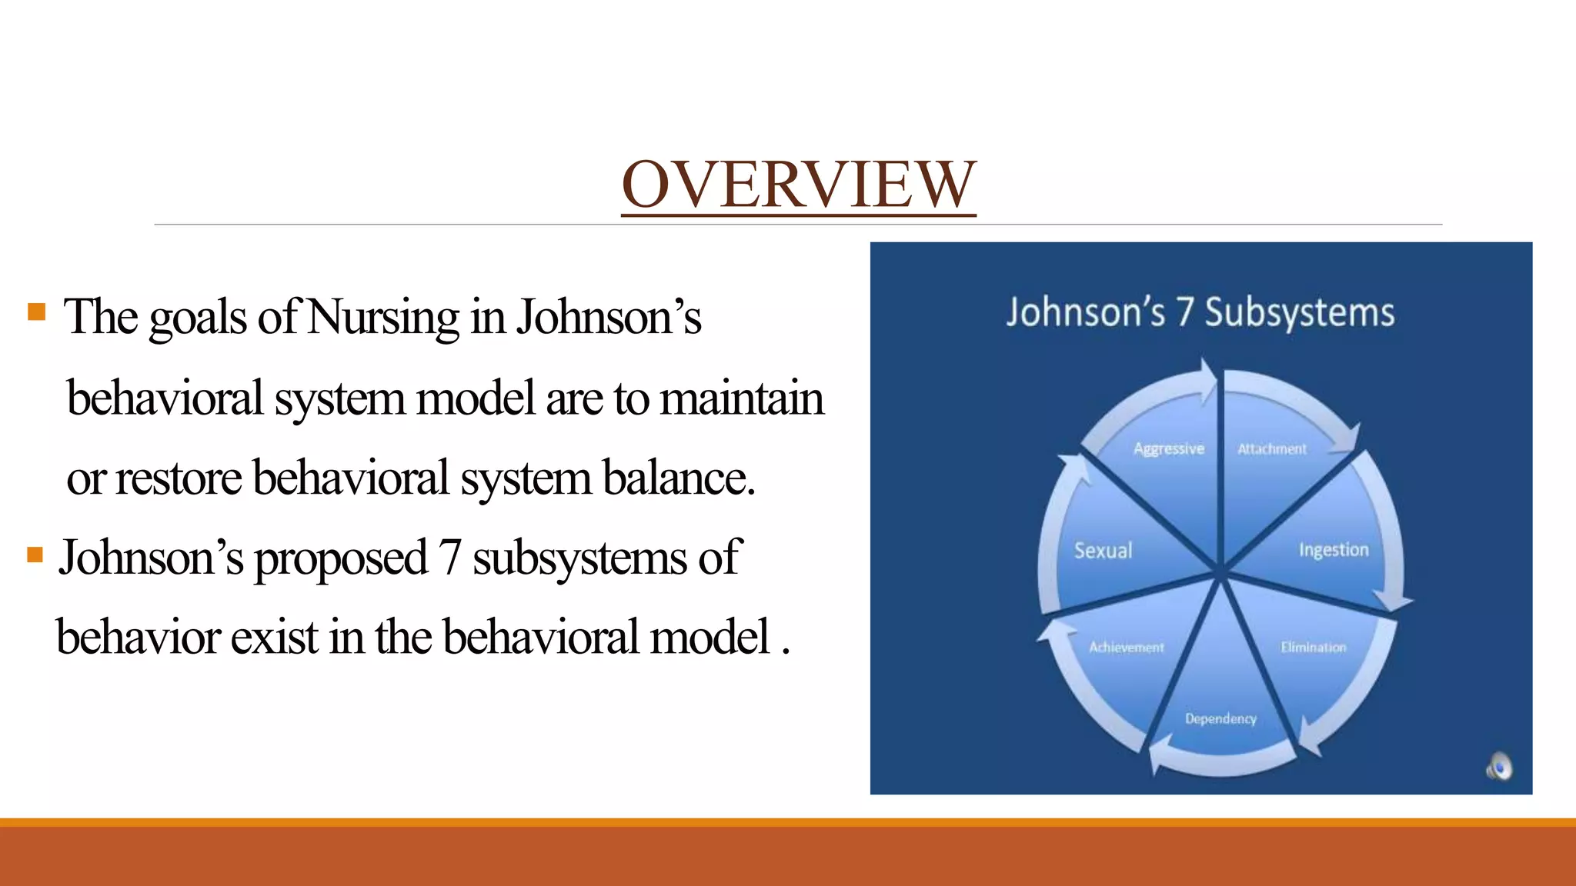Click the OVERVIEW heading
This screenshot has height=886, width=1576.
pyautogui.click(x=798, y=185)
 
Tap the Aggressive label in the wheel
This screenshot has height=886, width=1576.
pyautogui.click(x=1168, y=448)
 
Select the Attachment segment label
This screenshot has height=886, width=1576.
pyautogui.click(x=1271, y=449)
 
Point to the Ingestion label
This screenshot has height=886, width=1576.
pyautogui.click(x=1334, y=550)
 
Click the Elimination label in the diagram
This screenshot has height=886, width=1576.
pyautogui.click(x=1313, y=648)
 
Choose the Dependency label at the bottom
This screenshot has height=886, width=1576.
pyautogui.click(x=1220, y=718)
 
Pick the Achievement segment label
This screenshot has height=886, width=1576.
pyautogui.click(x=1126, y=648)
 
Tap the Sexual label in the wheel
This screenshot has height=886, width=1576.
pyautogui.click(x=1103, y=551)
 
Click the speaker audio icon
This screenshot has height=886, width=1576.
pyautogui.click(x=1499, y=767)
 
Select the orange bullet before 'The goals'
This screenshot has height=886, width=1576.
pyautogui.click(x=36, y=311)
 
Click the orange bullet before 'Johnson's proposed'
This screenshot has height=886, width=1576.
pyautogui.click(x=35, y=555)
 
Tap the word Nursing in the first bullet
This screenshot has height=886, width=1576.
pyautogui.click(x=382, y=317)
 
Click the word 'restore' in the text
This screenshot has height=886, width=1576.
pyautogui.click(x=179, y=478)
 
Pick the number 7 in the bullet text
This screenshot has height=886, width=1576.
pyautogui.click(x=450, y=558)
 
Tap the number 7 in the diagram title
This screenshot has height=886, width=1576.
pyautogui.click(x=1184, y=313)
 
